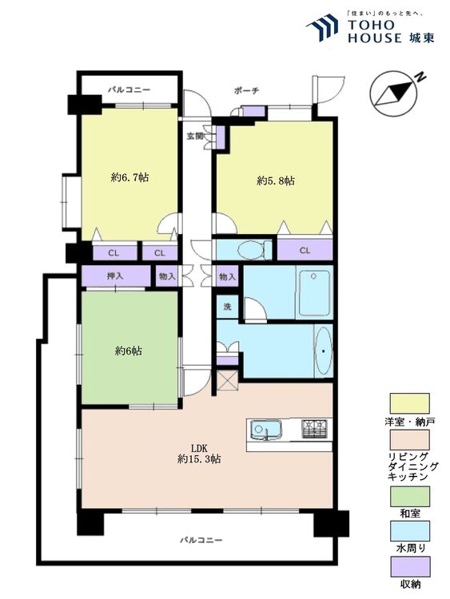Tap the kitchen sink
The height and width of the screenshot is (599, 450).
pyautogui.click(x=265, y=430)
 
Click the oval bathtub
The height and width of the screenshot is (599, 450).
pyautogui.click(x=324, y=351)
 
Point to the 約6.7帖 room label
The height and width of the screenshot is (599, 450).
pyautogui.click(x=129, y=177)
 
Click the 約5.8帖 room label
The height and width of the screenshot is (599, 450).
pyautogui.click(x=275, y=180)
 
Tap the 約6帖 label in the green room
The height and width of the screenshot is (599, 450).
pyautogui.click(x=129, y=351)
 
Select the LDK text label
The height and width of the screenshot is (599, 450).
pyautogui.click(x=199, y=448)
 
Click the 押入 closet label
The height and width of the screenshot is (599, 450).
pyautogui.click(x=115, y=276)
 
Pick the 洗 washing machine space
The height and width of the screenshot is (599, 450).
pyautogui.click(x=228, y=307)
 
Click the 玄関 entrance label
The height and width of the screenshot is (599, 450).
pyautogui.click(x=195, y=136)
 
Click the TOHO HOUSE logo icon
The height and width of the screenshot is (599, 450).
pyautogui.click(x=323, y=27)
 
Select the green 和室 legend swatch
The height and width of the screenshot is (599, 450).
pyautogui.click(x=409, y=496)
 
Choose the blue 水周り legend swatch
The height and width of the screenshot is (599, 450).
pyautogui.click(x=409, y=531)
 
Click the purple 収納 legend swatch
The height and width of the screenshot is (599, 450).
pyautogui.click(x=409, y=566)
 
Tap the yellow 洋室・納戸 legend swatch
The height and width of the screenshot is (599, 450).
pyautogui.click(x=409, y=403)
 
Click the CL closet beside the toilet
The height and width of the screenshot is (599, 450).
pyautogui.click(x=305, y=250)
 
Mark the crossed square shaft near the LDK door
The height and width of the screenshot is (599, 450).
pyautogui.click(x=228, y=380)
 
